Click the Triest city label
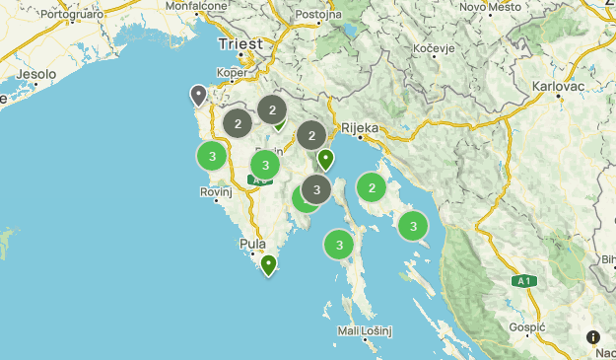point(240,44)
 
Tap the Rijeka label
point(360,127)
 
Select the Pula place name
point(252,244)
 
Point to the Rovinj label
point(215,192)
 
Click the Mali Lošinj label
point(365,330)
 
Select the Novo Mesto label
point(490,7)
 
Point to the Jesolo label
point(34,74)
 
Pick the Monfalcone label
point(196,5)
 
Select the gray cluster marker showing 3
point(315,188)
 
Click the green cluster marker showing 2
point(371,187)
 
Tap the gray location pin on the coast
point(198,95)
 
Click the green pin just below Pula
point(268,264)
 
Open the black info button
point(593,337)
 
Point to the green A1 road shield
point(523,281)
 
